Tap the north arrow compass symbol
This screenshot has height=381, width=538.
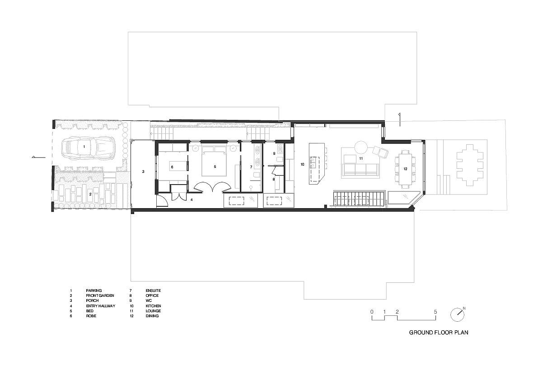[457, 314]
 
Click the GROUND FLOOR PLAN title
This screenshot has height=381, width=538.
[438, 333]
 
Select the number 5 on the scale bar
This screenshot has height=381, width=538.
[435, 312]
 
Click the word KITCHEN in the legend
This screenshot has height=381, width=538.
[153, 306]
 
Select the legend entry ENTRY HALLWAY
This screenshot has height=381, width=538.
[100, 306]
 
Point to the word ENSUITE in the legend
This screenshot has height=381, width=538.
[153, 291]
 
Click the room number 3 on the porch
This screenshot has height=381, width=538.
[143, 171]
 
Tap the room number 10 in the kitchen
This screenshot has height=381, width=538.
[302, 164]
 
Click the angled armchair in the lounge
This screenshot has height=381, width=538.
[380, 152]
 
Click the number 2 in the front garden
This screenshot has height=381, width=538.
[90, 194]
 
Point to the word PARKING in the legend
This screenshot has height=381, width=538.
[94, 291]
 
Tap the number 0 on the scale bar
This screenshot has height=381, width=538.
[372, 312]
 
